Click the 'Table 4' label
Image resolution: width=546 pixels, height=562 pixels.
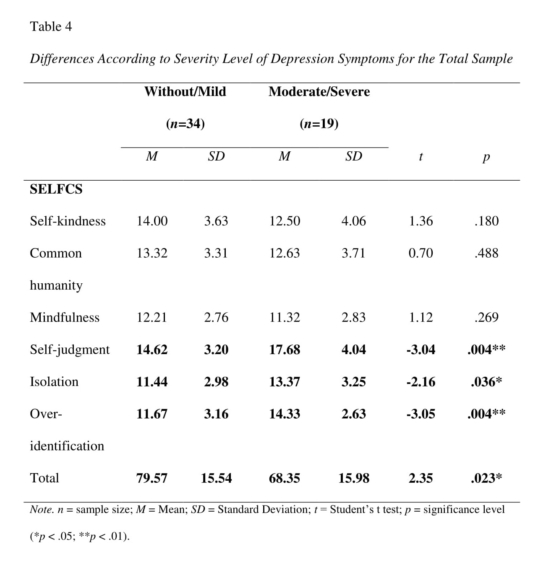click(x=51, y=27)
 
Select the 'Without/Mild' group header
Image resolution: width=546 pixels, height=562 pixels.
click(x=185, y=92)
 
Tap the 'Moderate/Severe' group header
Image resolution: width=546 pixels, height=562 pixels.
click(x=319, y=92)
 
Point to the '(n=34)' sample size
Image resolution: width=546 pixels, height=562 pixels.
click(x=185, y=124)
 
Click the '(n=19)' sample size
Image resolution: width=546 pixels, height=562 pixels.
click(x=319, y=124)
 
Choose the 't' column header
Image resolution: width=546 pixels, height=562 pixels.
click(x=421, y=157)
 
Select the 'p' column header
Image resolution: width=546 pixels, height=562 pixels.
click(x=486, y=158)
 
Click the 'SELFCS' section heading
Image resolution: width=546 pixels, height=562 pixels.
click(x=56, y=189)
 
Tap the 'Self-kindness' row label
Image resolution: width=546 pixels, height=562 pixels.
click(x=68, y=221)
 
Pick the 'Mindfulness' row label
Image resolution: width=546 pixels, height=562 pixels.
click(x=65, y=318)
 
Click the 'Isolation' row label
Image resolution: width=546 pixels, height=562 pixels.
click(x=54, y=382)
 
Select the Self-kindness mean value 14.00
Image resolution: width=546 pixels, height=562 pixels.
click(x=152, y=221)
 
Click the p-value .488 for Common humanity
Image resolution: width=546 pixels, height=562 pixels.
click(x=486, y=254)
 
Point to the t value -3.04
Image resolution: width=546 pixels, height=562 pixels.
click(x=421, y=350)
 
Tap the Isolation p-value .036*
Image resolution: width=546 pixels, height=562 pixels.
click(x=486, y=382)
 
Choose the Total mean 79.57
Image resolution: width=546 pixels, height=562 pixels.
click(x=152, y=478)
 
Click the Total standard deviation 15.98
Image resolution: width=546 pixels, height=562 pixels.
click(x=354, y=478)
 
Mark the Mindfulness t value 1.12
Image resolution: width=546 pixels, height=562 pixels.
click(x=421, y=318)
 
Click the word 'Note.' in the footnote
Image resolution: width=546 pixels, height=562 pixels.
click(x=42, y=510)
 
